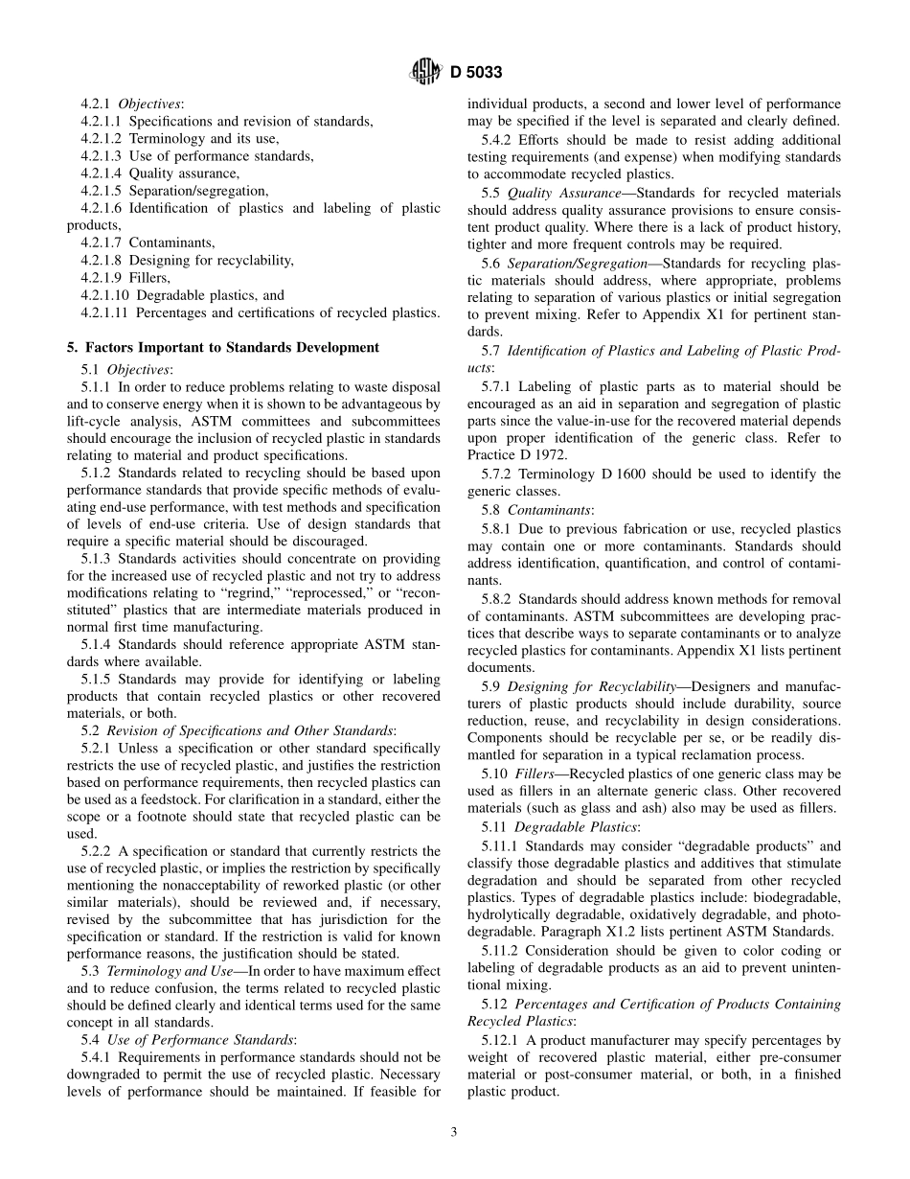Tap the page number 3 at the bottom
pos(454,1131)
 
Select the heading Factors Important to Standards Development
pos(231,347)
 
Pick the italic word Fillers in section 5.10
pos(534,773)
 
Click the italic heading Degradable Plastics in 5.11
pos(574,826)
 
